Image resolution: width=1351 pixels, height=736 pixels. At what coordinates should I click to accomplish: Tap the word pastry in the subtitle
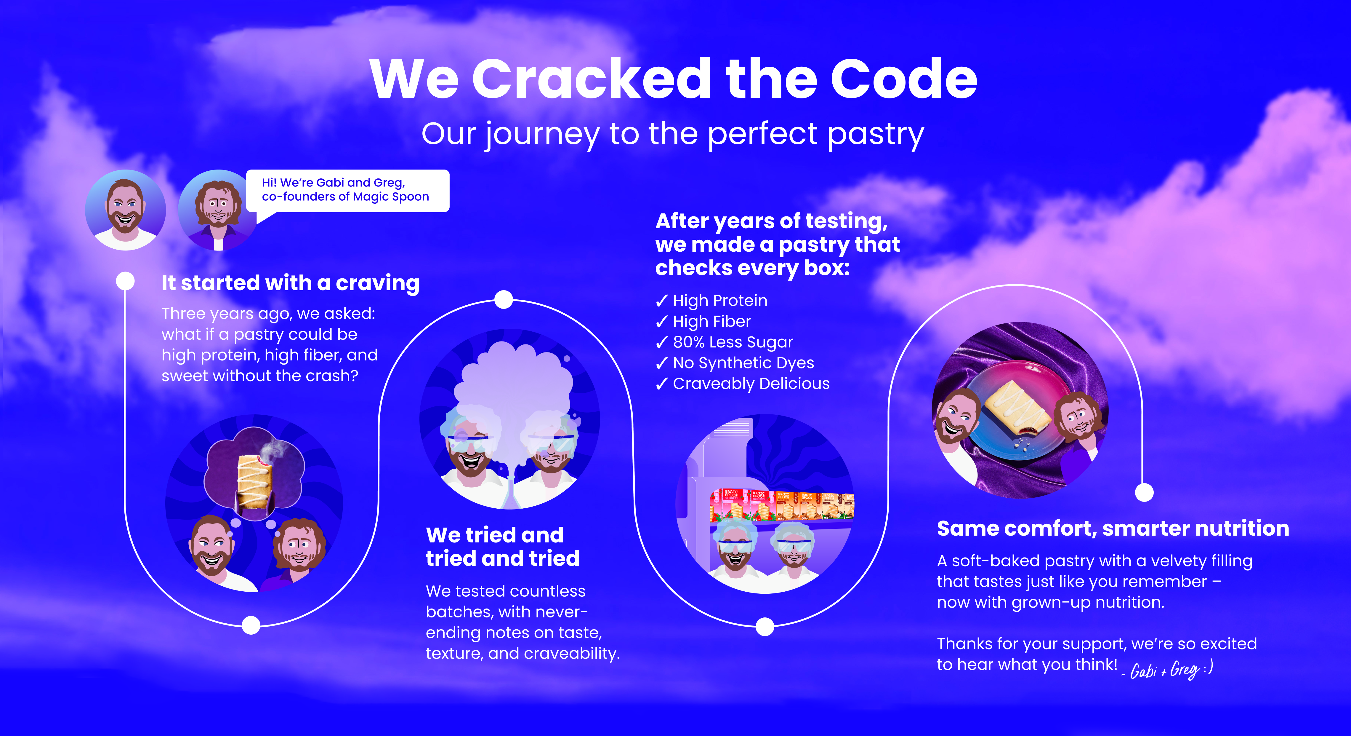coord(876,134)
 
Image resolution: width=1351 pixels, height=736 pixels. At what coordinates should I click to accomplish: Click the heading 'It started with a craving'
coord(290,283)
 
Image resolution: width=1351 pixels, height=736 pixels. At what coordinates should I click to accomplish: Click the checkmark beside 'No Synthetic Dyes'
coord(661,363)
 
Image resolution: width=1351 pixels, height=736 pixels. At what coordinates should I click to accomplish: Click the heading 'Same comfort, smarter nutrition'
coord(1112,528)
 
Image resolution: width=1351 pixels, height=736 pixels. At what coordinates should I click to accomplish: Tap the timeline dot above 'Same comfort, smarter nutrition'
coord(1144,492)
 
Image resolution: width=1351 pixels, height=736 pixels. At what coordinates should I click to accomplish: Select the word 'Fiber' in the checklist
coord(733,321)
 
